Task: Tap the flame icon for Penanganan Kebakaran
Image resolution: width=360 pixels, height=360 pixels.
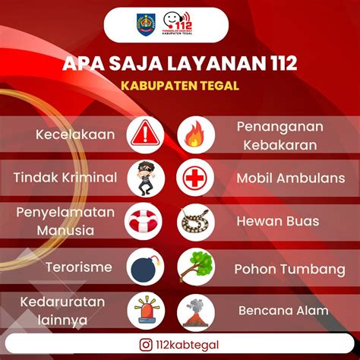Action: coord(196,134)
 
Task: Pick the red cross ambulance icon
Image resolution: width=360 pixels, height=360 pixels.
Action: coord(196,178)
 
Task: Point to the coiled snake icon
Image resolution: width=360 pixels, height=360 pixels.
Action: coord(196,222)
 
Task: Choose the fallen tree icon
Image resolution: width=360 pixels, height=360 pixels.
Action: coord(196,267)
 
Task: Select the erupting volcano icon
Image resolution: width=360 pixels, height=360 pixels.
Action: coord(196,311)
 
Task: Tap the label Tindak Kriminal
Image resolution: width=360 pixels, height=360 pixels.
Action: coord(65,178)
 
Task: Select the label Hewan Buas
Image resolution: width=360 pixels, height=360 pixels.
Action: coord(277,222)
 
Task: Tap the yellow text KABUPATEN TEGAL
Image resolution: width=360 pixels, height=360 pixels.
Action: coord(180,85)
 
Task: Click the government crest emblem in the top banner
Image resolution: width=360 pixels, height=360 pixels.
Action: coord(145,25)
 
